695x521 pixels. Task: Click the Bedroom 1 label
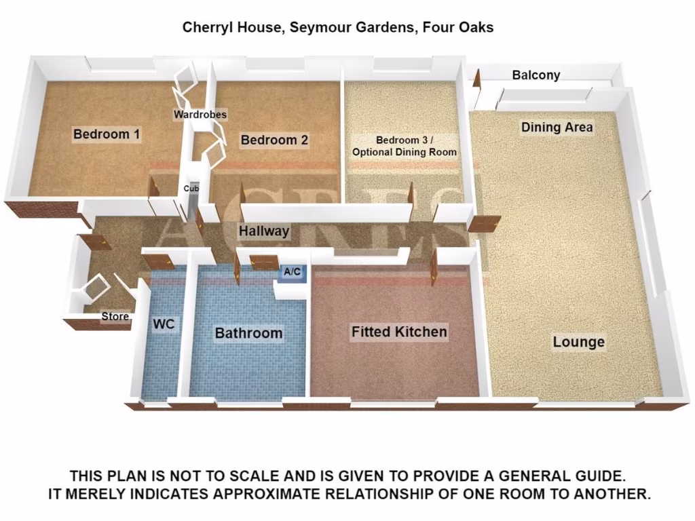click(x=107, y=134)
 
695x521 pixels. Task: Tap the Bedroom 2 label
click(x=274, y=140)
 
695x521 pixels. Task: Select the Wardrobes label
click(x=200, y=115)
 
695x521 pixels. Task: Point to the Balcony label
click(x=536, y=75)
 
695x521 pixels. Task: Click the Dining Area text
click(x=557, y=127)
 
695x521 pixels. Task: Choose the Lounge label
click(x=578, y=342)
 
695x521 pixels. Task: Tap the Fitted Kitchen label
click(x=399, y=332)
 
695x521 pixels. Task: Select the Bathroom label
click(x=248, y=333)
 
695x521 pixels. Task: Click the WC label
click(x=164, y=324)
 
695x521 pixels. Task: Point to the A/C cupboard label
click(x=293, y=272)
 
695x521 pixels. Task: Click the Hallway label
click(x=264, y=231)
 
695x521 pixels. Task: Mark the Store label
click(x=115, y=316)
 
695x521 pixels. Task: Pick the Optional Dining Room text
click(x=404, y=152)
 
